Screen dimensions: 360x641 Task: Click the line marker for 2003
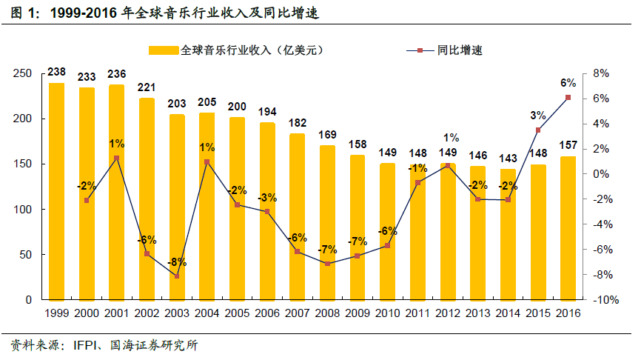pos(177,276)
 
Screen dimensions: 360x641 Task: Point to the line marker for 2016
pos(568,97)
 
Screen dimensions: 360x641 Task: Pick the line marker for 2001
pos(116,158)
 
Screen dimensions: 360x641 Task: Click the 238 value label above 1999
pos(56,73)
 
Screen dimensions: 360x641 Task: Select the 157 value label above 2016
pos(568,144)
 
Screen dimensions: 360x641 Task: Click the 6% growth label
pos(568,82)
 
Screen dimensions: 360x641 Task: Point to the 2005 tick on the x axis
pos(237,313)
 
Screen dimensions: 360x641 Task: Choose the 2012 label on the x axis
pos(448,313)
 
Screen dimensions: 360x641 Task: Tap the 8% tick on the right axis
pos(600,73)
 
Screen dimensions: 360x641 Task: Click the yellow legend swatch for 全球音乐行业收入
pos(164,50)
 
